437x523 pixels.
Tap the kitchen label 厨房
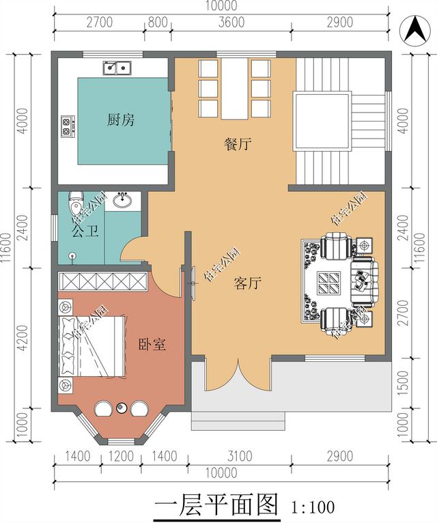pyautogui.click(x=121, y=119)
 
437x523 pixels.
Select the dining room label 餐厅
pyautogui.click(x=237, y=144)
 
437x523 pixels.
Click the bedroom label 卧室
pyautogui.click(x=152, y=344)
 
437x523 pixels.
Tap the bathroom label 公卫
pyautogui.click(x=85, y=231)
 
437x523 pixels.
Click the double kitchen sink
pyautogui.click(x=117, y=68)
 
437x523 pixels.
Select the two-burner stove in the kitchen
pyautogui.click(x=68, y=126)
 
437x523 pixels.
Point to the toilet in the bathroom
pyautogui.click(x=76, y=203)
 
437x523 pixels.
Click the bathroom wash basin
pyautogui.click(x=122, y=201)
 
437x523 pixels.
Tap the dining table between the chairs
pyautogui.click(x=234, y=89)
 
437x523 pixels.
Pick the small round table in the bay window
pyautogui.click(x=121, y=408)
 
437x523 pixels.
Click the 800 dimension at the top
pyautogui.click(x=158, y=23)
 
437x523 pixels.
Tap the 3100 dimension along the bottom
pyautogui.click(x=240, y=456)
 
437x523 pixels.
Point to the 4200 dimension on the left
pyautogui.click(x=23, y=337)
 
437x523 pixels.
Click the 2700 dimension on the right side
pyautogui.click(x=404, y=313)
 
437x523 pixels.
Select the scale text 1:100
pyautogui.click(x=313, y=507)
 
